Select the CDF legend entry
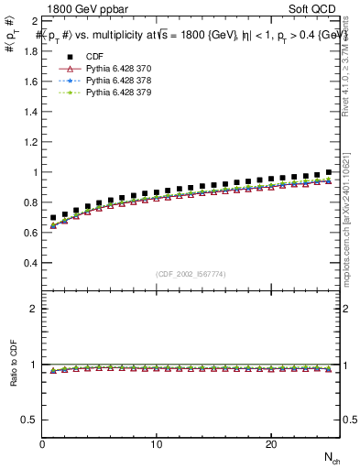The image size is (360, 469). (x=95, y=57)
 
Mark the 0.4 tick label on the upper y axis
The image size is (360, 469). (x=30, y=263)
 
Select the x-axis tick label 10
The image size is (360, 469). (x=157, y=444)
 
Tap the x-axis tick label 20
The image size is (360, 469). (x=270, y=444)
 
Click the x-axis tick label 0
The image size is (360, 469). (x=43, y=444)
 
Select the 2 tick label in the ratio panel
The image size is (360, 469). (x=34, y=310)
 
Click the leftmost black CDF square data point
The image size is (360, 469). (x=54, y=218)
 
